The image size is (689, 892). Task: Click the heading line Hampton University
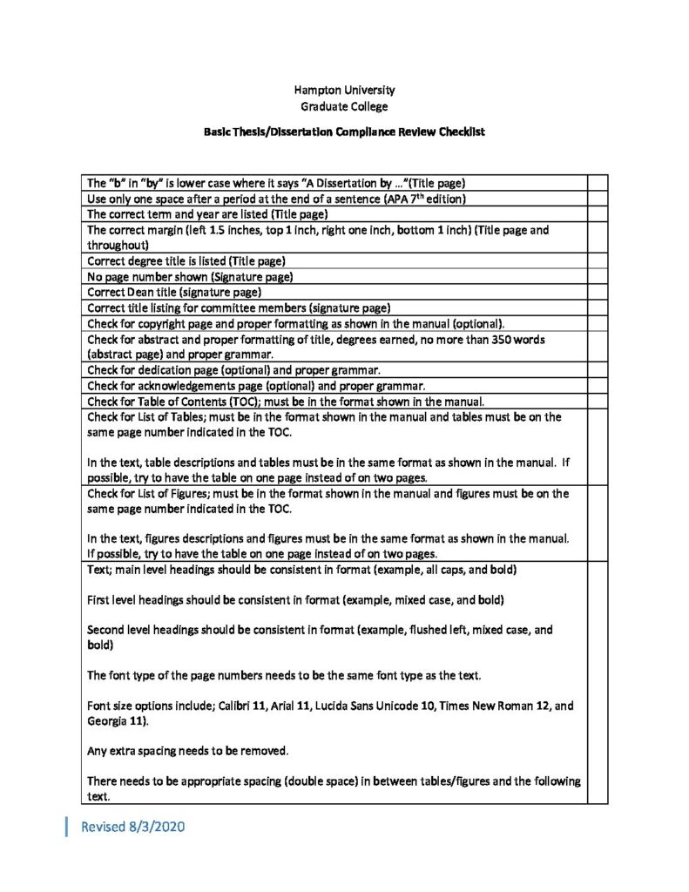coord(344,90)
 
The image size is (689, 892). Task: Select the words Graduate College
coord(344,106)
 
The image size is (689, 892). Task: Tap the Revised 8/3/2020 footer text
coord(132,827)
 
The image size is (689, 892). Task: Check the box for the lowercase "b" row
coord(598,183)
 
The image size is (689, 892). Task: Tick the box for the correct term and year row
coord(598,214)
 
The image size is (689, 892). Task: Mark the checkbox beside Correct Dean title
coord(598,293)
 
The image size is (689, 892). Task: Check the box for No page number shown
coord(598,277)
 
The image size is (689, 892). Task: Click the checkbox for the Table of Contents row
coord(598,402)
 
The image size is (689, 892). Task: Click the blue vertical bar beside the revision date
coord(67,827)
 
